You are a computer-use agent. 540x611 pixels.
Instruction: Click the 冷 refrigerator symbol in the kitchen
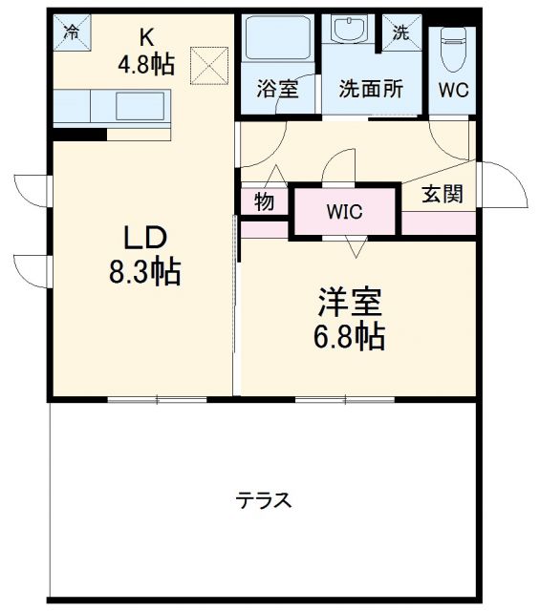pos(70,31)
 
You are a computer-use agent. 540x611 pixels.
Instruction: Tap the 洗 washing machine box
pos(400,31)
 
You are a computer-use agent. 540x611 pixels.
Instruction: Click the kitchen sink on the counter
pos(140,104)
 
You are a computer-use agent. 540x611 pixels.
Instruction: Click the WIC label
pos(344,212)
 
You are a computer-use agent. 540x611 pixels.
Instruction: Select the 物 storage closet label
pos(265,202)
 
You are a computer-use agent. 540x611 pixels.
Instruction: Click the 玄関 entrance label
pos(443,195)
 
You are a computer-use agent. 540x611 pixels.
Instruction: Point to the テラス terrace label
pos(264,500)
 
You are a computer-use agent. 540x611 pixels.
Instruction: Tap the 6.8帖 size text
pos(350,336)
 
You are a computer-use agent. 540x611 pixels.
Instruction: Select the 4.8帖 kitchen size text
pos(145,65)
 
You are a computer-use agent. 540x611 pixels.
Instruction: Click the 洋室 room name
pos(350,303)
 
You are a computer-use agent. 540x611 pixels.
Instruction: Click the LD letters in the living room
pos(144,238)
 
